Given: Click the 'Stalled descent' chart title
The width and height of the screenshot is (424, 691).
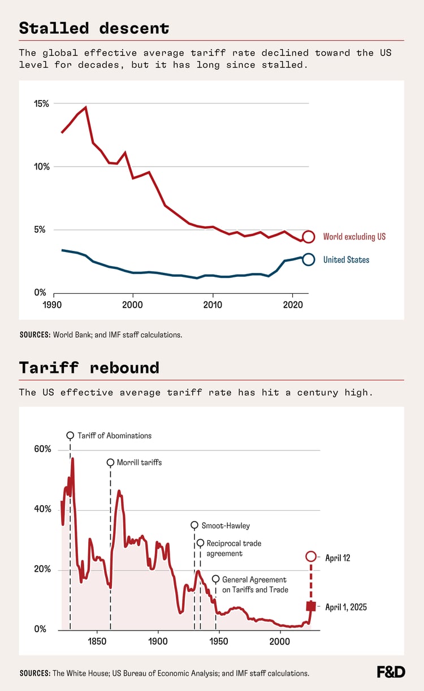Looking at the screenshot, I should tap(94, 28).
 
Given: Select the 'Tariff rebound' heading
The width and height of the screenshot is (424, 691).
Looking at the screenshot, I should tap(89, 368).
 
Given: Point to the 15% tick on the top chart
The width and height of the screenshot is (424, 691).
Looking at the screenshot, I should tap(42, 104).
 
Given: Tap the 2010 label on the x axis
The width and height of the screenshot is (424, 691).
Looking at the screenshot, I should tap(213, 303).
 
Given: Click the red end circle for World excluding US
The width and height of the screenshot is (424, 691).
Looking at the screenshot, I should tap(308, 237).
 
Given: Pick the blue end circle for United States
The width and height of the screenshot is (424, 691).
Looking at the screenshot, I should tap(308, 259).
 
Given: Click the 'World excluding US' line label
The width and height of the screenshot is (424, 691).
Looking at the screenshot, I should tap(354, 237).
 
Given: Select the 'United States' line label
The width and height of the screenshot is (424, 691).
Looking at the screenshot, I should tap(346, 260).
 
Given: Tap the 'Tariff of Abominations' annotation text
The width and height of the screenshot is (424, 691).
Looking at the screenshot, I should tap(114, 436).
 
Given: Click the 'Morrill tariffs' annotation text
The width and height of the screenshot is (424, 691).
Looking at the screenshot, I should tap(139, 462).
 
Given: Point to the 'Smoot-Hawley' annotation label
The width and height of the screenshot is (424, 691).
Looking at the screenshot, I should tap(226, 525).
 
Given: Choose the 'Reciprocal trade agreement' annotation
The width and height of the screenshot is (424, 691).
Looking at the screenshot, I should tap(233, 548).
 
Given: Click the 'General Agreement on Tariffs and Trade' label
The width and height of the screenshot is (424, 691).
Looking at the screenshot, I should tap(254, 585).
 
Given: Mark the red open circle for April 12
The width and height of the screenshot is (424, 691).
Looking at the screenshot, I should tap(311, 557).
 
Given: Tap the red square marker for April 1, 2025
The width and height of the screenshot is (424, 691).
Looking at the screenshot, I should tap(311, 606).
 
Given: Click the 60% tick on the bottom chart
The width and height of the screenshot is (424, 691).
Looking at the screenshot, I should tap(42, 450).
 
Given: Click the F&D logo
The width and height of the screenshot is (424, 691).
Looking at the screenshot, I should tap(391, 672).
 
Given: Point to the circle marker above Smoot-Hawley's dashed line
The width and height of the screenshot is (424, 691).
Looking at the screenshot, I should tap(194, 525).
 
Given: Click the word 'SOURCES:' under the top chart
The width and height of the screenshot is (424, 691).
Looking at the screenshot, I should tap(34, 335).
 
